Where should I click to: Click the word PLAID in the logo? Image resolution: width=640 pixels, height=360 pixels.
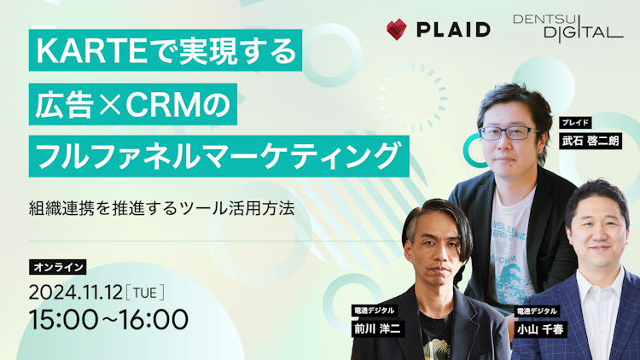pos(453,30)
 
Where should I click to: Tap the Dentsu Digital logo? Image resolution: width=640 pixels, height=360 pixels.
pos(567,26)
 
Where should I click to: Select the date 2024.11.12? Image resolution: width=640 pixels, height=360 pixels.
pos(75,292)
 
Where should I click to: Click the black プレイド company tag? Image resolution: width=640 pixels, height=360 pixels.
pos(577,123)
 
